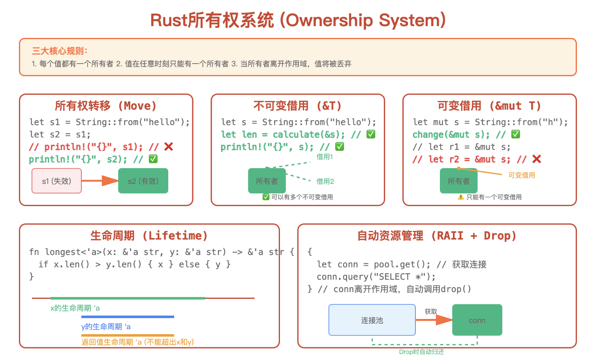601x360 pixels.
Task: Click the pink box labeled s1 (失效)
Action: pyautogui.click(x=56, y=181)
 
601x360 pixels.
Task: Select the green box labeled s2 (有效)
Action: pyautogui.click(x=143, y=181)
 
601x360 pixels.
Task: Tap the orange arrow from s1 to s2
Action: pyautogui.click(x=100, y=181)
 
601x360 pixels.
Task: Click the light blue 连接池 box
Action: pyautogui.click(x=372, y=320)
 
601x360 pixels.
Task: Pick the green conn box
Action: pyautogui.click(x=477, y=320)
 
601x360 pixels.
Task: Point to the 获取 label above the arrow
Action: pyautogui.click(x=431, y=311)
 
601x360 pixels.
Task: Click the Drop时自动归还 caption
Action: pyautogui.click(x=421, y=352)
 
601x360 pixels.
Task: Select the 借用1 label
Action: pyautogui.click(x=325, y=157)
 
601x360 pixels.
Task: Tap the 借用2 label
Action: pyautogui.click(x=325, y=181)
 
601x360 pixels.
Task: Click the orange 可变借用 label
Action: pyautogui.click(x=522, y=175)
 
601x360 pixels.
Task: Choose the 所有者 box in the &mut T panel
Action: pyautogui.click(x=458, y=181)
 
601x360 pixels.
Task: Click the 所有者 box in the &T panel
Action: pyautogui.click(x=267, y=181)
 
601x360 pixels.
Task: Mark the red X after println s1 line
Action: pyautogui.click(x=169, y=147)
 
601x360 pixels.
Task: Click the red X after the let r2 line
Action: pyautogui.click(x=537, y=159)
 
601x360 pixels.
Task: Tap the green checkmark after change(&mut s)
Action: pyautogui.click(x=516, y=134)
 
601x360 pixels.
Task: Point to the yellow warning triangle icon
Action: pyautogui.click(x=461, y=197)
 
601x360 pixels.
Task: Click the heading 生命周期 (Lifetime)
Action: pyautogui.click(x=149, y=236)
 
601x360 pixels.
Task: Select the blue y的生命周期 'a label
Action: pyautogui.click(x=106, y=326)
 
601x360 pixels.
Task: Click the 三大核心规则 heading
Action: pyautogui.click(x=60, y=51)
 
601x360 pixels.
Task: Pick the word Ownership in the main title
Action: pyautogui.click(x=329, y=21)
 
